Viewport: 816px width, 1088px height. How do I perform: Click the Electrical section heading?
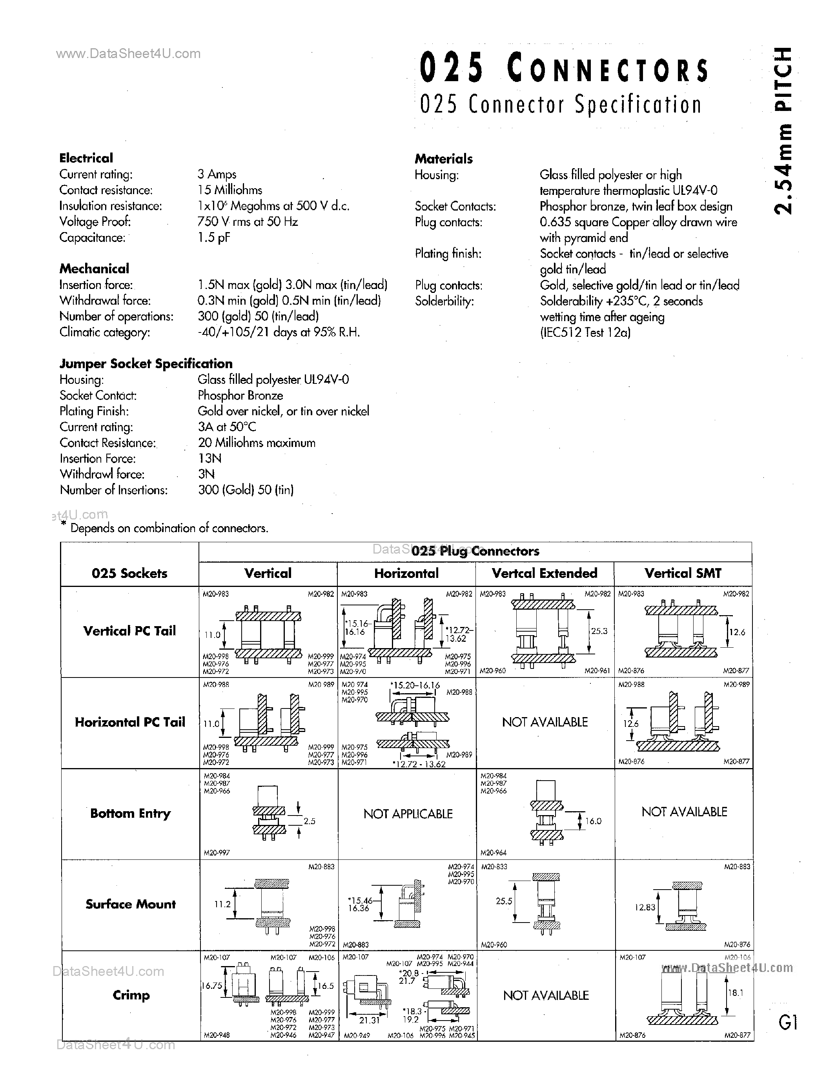click(x=86, y=158)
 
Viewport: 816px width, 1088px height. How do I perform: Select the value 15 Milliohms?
click(x=230, y=190)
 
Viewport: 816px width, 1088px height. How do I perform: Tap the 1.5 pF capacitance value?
click(x=213, y=238)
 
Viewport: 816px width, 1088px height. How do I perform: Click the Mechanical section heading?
click(x=94, y=269)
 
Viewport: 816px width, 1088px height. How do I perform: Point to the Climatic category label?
click(x=105, y=332)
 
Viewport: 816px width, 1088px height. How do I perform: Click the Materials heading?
click(x=443, y=159)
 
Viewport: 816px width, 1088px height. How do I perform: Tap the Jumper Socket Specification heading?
click(x=146, y=364)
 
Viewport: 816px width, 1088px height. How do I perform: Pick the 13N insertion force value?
click(x=209, y=458)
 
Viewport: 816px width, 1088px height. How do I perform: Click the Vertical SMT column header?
click(x=683, y=574)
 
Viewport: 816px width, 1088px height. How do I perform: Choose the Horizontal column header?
click(x=406, y=574)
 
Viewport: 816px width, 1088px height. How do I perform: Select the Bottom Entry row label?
click(x=130, y=814)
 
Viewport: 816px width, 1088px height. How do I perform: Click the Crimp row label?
click(x=131, y=995)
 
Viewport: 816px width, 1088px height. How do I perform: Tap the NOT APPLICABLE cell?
click(x=408, y=814)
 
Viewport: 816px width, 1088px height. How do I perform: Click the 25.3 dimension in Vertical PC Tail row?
click(x=599, y=631)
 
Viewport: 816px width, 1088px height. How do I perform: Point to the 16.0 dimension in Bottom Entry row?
click(x=594, y=821)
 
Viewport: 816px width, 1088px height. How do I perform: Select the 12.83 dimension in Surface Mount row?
click(x=645, y=908)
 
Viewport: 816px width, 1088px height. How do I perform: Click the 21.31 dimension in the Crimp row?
click(x=369, y=1020)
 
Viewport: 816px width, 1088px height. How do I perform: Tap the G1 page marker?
click(x=787, y=1023)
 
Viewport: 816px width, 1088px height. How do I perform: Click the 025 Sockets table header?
click(x=129, y=574)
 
